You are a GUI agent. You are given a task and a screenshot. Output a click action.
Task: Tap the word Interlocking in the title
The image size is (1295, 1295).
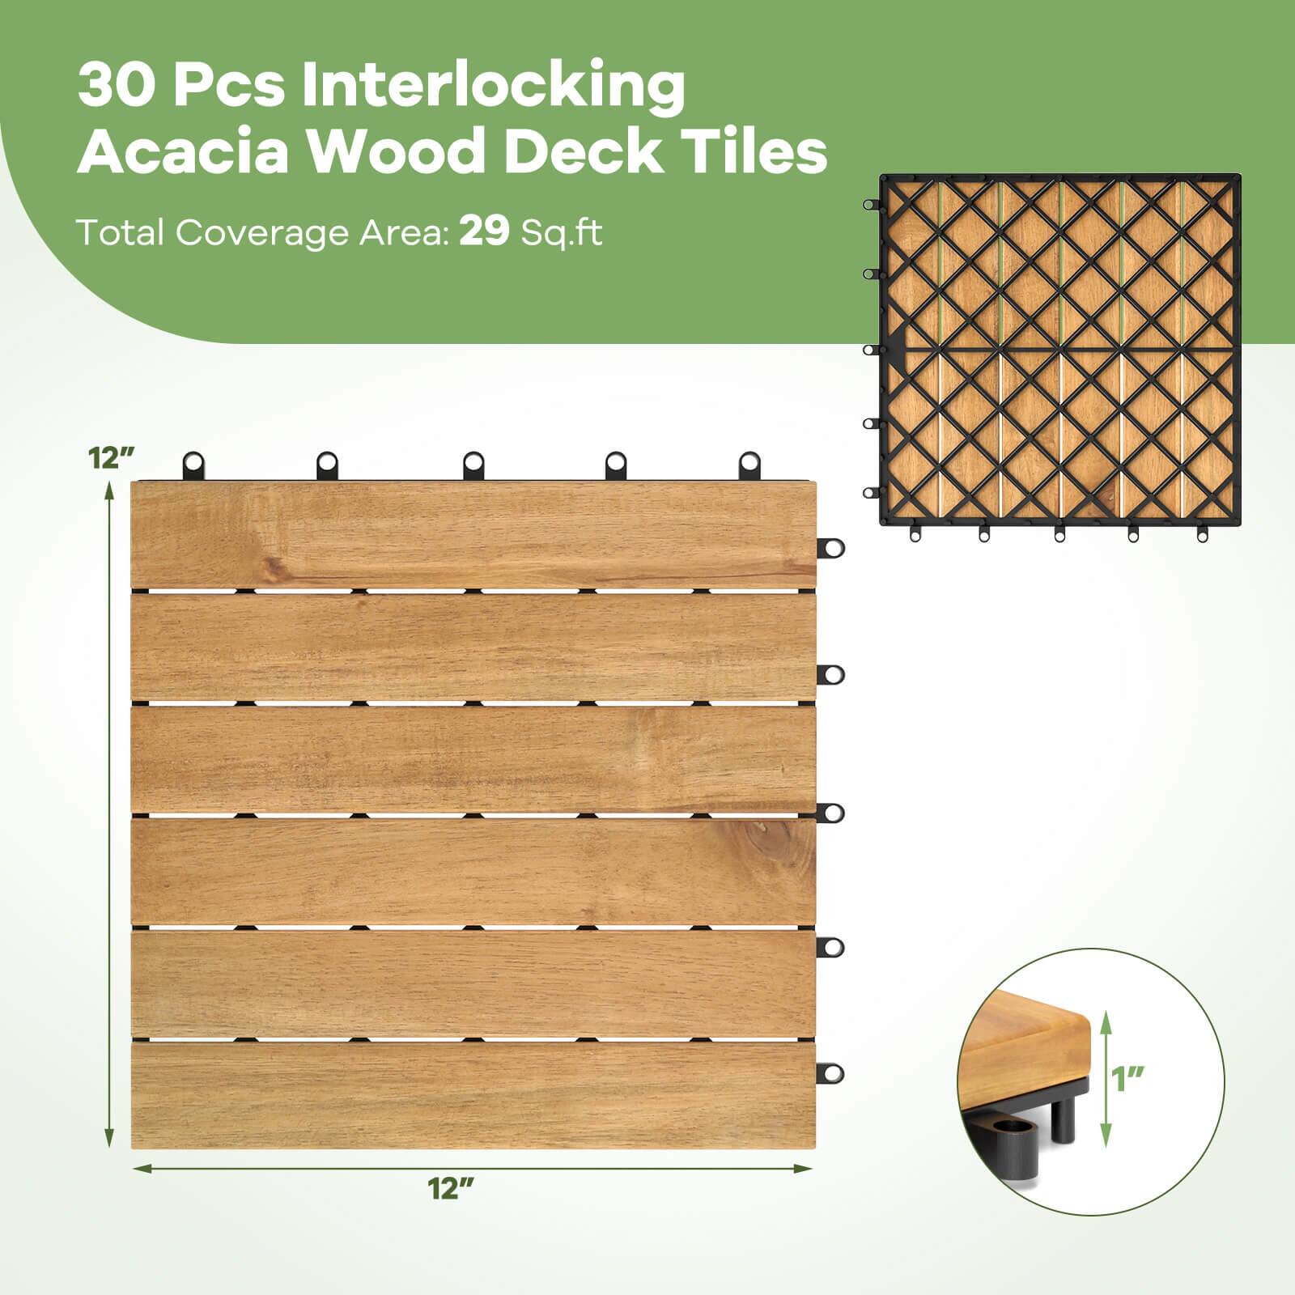tap(494, 87)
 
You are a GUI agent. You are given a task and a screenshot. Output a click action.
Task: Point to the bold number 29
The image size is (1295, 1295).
tap(484, 232)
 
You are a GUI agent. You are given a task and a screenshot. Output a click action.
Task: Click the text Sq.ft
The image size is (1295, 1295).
tap(562, 233)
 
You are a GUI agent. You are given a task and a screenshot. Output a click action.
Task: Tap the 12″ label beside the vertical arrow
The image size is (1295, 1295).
tap(111, 458)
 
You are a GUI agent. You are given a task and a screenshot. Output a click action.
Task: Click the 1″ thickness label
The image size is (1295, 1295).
tap(1128, 1079)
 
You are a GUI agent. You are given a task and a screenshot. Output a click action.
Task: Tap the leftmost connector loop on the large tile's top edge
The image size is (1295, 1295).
tap(194, 464)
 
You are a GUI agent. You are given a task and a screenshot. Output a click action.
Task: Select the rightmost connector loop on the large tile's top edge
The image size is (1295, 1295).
tap(750, 464)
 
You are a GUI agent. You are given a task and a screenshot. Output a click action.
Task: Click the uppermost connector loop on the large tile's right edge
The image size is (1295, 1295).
tap(830, 548)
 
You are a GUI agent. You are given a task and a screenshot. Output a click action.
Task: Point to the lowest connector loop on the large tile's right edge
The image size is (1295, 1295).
tap(830, 1073)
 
